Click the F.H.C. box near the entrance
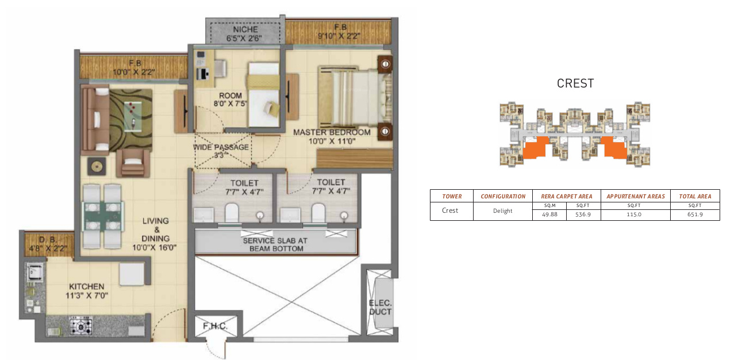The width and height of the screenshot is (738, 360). point(216,327)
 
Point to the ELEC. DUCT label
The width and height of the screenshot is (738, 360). point(380,308)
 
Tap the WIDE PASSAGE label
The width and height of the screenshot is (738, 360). point(221,147)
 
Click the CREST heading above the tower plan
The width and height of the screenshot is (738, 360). point(575,83)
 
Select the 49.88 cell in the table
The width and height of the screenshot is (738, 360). point(549,215)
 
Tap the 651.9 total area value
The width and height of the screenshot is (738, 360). point(694,215)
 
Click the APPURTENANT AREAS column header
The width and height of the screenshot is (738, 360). point(635,196)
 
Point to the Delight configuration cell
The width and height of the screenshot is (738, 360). point(502,210)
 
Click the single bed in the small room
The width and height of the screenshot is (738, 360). point(263,95)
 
